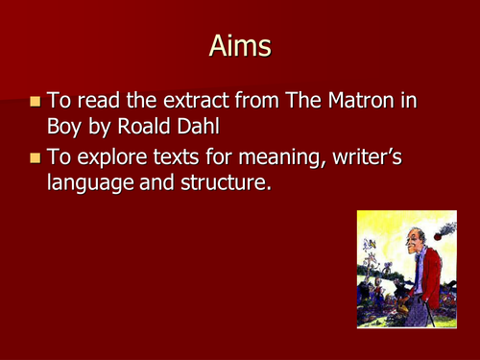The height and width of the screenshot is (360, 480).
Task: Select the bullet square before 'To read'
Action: tap(36, 101)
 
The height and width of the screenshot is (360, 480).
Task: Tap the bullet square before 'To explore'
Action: tap(36, 156)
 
